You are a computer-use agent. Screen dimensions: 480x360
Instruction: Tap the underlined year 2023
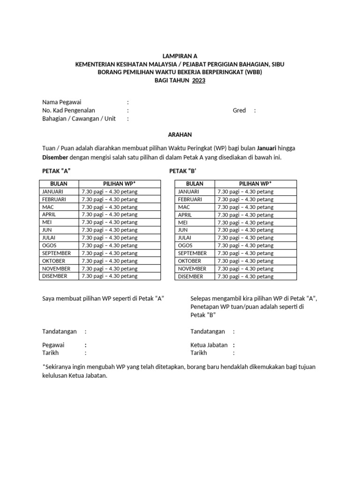197,80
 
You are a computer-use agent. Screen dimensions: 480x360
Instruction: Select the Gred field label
239,111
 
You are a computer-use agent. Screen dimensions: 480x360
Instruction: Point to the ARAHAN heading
180,135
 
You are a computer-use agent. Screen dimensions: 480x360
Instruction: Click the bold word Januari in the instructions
265,148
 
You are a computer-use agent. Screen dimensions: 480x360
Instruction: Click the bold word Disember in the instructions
55,157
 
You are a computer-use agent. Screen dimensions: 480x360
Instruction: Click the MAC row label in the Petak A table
48,207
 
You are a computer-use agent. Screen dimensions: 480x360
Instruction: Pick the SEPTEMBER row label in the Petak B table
192,253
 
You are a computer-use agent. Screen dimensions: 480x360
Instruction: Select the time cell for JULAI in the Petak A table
109,238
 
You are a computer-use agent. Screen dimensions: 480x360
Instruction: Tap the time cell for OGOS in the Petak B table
245,246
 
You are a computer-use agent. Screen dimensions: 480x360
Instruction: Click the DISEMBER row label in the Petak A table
54,276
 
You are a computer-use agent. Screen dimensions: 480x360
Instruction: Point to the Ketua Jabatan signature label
209,345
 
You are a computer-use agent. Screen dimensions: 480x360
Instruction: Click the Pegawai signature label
54,345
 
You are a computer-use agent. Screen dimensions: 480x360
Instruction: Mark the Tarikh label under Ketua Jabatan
199,353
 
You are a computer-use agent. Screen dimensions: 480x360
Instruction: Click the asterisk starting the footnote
44,366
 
